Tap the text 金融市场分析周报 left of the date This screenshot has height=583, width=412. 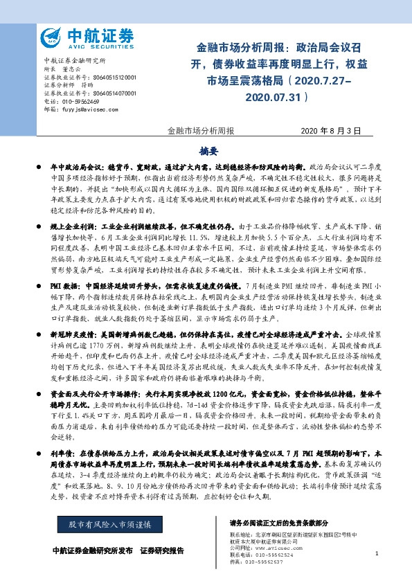point(201,131)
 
